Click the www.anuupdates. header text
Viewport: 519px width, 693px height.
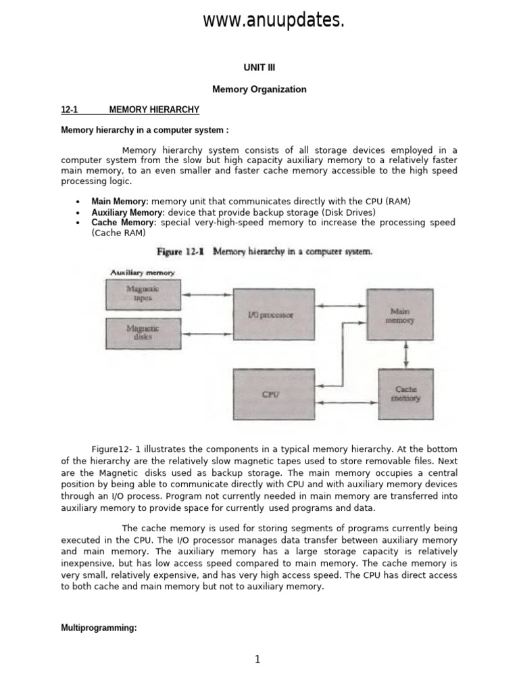(274, 21)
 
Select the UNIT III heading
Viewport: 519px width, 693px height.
(259, 68)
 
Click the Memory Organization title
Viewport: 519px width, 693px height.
(259, 89)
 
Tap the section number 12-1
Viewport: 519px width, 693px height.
(70, 109)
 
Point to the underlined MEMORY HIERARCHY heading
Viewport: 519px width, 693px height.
(154, 109)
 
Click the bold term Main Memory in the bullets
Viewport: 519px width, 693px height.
(119, 202)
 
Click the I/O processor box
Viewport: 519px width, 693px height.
(273, 314)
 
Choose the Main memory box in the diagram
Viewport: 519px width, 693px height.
(399, 315)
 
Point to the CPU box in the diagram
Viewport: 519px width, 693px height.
(273, 394)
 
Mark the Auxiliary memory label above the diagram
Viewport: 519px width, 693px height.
(143, 273)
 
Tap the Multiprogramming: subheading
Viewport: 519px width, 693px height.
(99, 628)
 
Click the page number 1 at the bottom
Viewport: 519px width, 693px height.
(258, 661)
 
